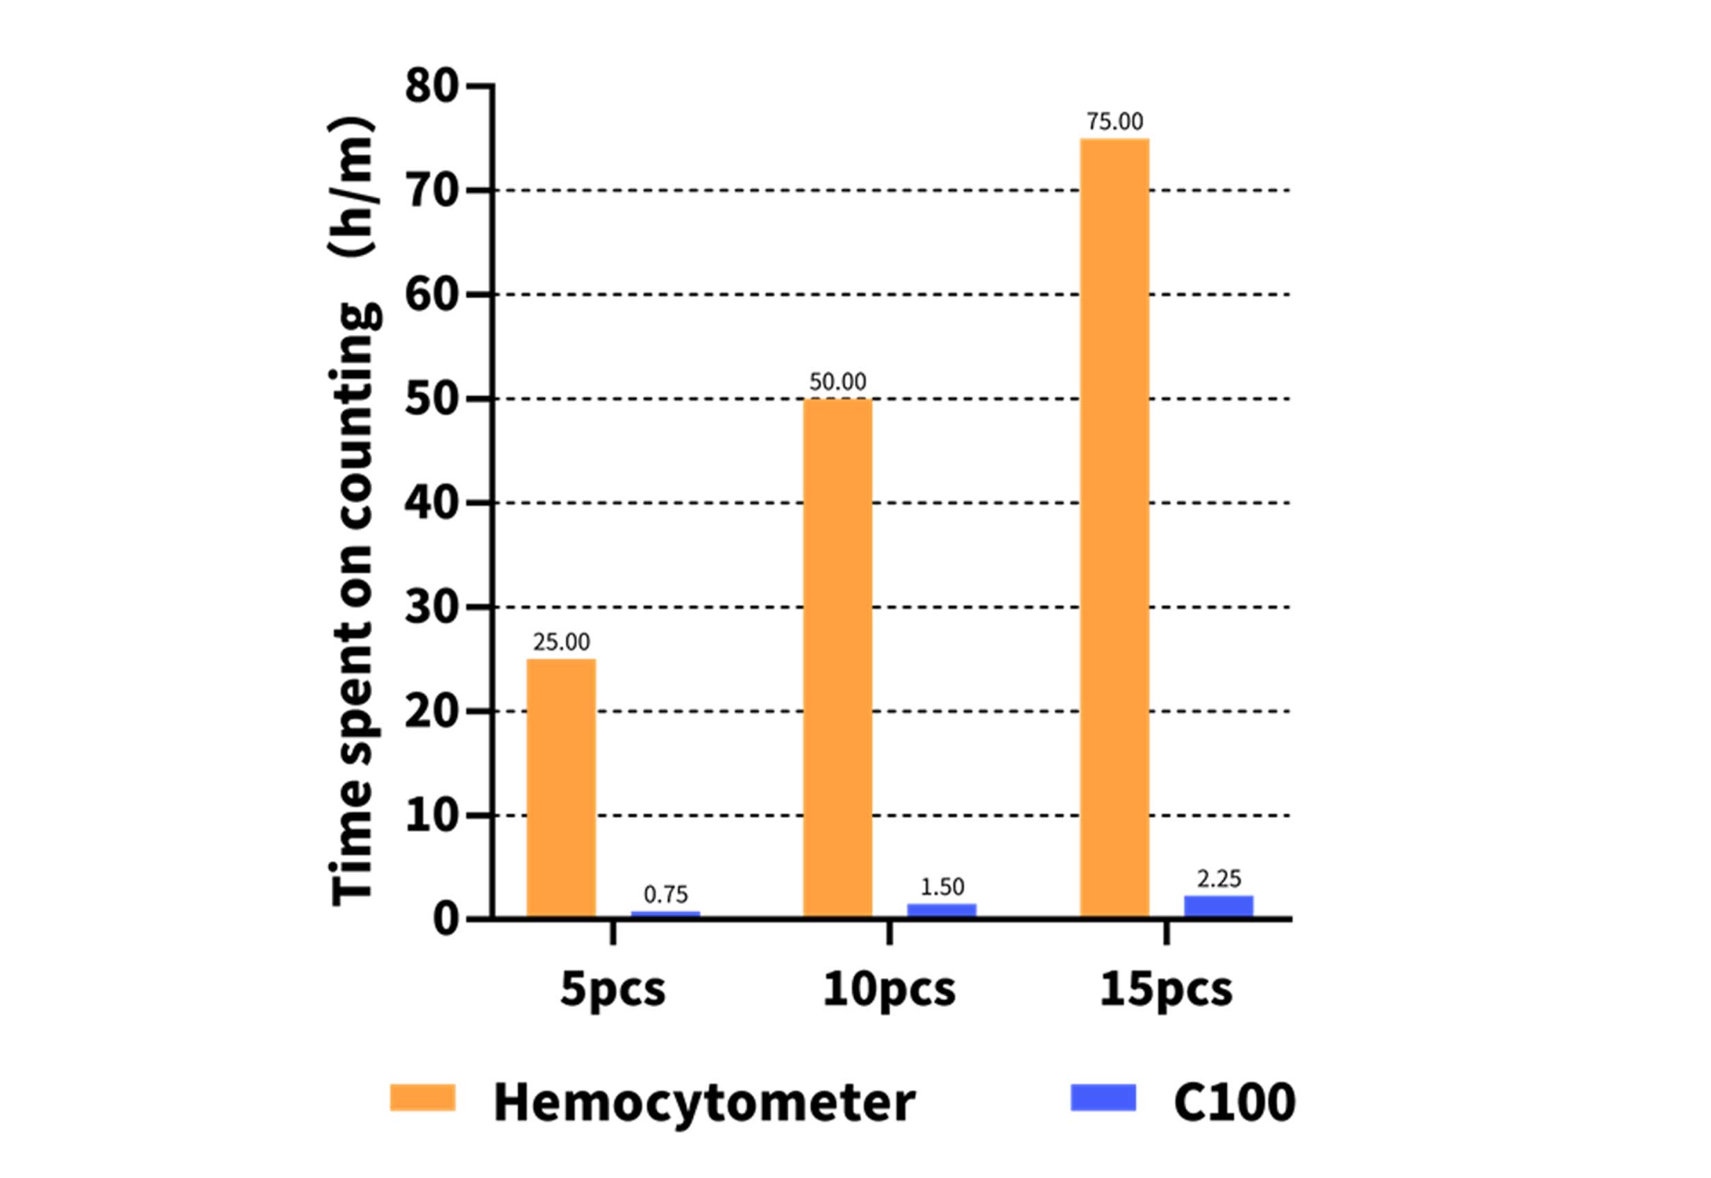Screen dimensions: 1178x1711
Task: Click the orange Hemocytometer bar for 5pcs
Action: [x=561, y=788]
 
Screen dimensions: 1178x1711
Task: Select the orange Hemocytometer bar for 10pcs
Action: [x=837, y=658]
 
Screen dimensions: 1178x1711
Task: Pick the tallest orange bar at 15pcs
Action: [x=1114, y=528]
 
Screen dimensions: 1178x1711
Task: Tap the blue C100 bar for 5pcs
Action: [x=665, y=915]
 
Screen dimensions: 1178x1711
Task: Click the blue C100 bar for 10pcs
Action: [x=942, y=910]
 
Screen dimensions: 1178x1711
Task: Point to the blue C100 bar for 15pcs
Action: [x=1218, y=906]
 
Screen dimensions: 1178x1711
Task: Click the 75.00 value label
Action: [x=1114, y=122]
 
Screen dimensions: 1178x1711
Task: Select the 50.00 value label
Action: [x=837, y=381]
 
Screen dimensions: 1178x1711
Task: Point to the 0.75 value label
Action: [x=665, y=895]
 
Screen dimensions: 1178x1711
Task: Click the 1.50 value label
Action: [x=942, y=886]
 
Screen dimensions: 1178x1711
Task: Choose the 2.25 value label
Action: [x=1218, y=879]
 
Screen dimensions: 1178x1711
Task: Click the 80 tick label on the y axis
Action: [x=431, y=86]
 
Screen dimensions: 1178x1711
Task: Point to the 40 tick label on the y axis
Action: [x=431, y=504]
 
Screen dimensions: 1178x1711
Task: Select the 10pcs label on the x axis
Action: [x=888, y=990]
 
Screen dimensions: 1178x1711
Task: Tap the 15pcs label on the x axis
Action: [x=1165, y=990]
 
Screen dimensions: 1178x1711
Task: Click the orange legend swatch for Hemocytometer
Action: [x=422, y=1097]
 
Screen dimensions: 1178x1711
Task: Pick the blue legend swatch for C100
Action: [x=1102, y=1097]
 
